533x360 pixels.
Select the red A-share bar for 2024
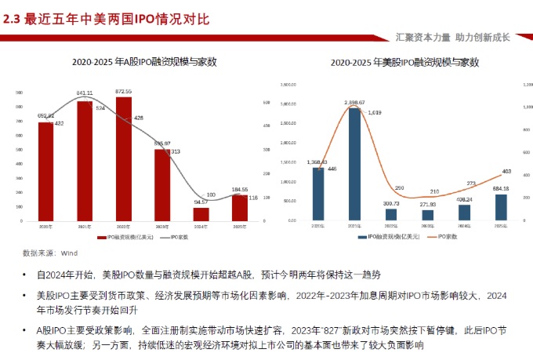click(x=201, y=214)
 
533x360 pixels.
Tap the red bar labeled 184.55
click(x=239, y=208)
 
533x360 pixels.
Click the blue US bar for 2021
click(x=354, y=165)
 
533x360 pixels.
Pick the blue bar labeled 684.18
click(x=501, y=208)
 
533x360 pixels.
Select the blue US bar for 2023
click(x=427, y=215)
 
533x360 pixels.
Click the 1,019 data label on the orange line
click(x=374, y=113)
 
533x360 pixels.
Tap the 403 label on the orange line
click(x=506, y=171)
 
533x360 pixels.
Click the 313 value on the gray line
click(x=176, y=151)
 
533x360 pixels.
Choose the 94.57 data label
click(x=201, y=202)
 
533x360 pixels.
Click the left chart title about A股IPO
click(x=144, y=61)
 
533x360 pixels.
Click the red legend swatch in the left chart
click(x=101, y=236)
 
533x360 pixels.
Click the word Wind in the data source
click(x=70, y=253)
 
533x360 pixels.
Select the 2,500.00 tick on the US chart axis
click(x=285, y=104)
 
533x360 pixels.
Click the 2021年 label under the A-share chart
click(x=85, y=227)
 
